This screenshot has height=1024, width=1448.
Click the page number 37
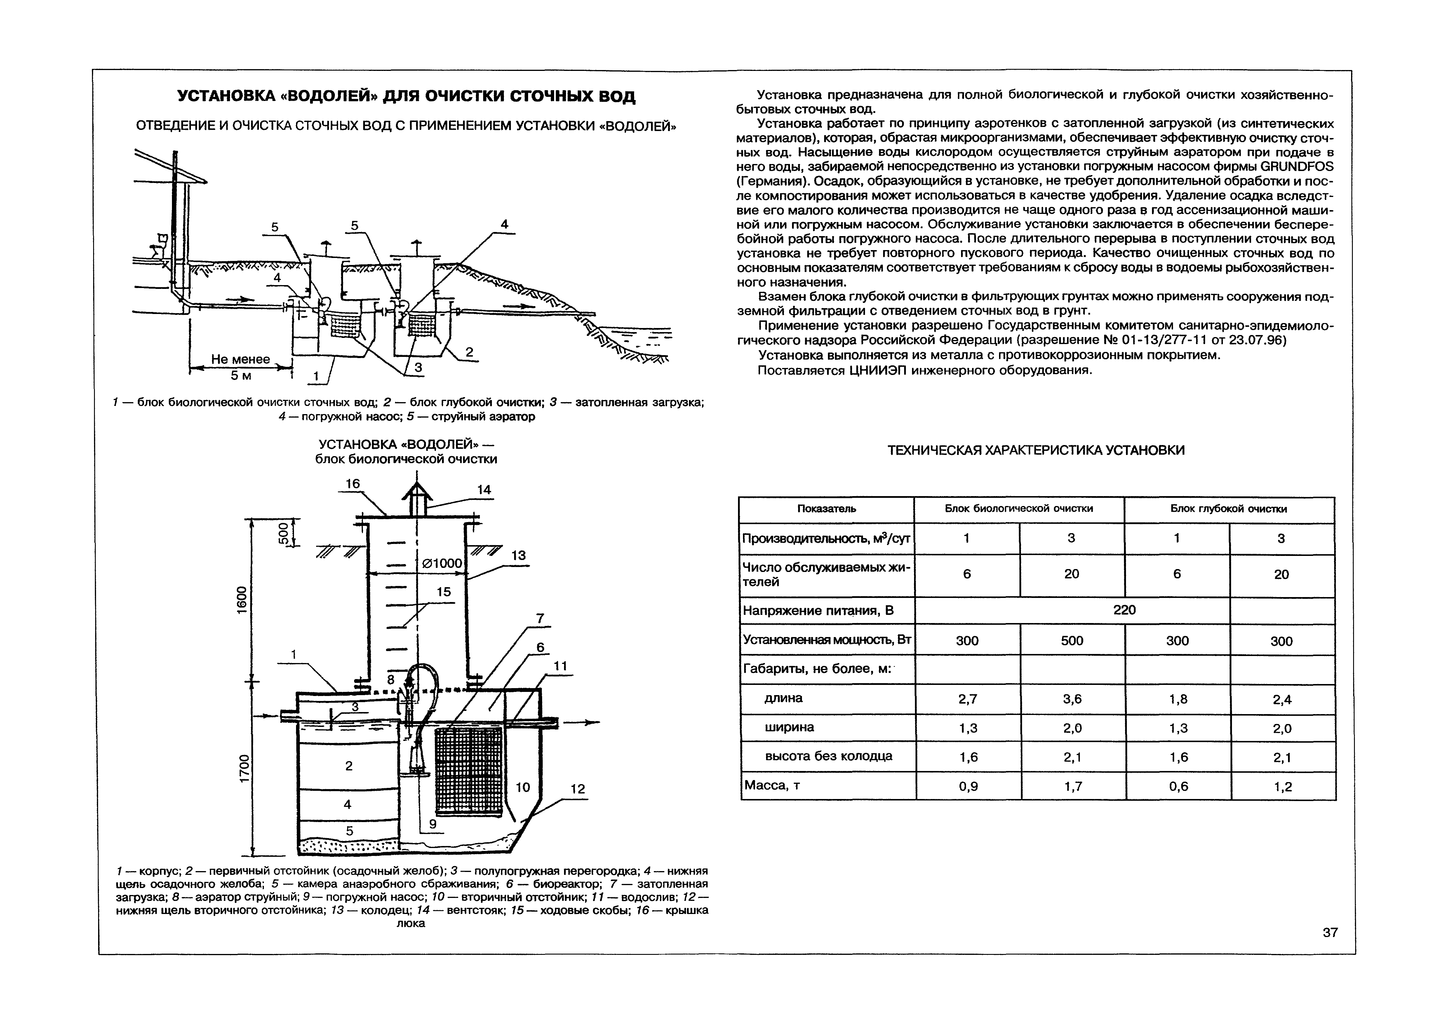(1329, 932)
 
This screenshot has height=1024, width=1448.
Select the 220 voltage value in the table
(1125, 610)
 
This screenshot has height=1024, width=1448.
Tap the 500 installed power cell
(1071, 641)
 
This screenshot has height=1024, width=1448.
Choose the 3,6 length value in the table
(1071, 699)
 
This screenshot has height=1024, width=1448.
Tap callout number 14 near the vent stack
(484, 490)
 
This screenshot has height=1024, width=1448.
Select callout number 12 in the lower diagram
(577, 789)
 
